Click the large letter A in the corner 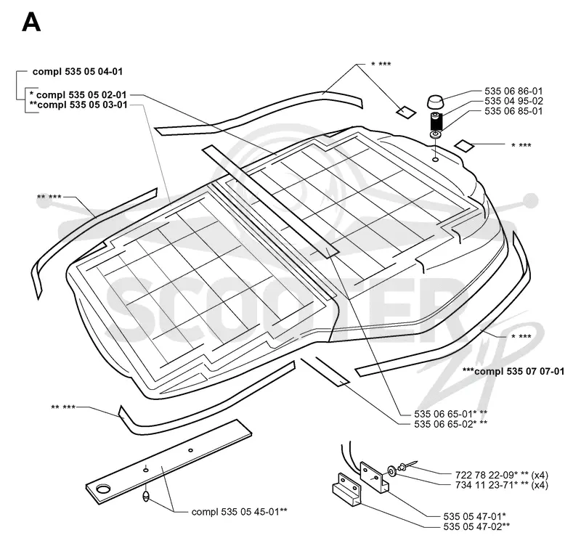click(x=31, y=23)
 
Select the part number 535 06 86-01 click(x=513, y=91)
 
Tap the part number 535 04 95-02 click(x=513, y=101)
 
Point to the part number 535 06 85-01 click(x=513, y=111)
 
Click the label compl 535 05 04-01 click(x=78, y=71)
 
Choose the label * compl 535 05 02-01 click(x=78, y=95)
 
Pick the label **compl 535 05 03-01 click(x=78, y=105)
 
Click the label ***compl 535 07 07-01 click(x=513, y=371)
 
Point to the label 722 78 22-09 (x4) click(x=501, y=475)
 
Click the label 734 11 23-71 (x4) click(x=501, y=485)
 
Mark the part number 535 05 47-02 click(x=476, y=526)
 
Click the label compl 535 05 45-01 click(x=240, y=512)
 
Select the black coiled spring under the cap click(x=436, y=121)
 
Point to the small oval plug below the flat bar click(x=146, y=497)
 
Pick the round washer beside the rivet click(x=391, y=471)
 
